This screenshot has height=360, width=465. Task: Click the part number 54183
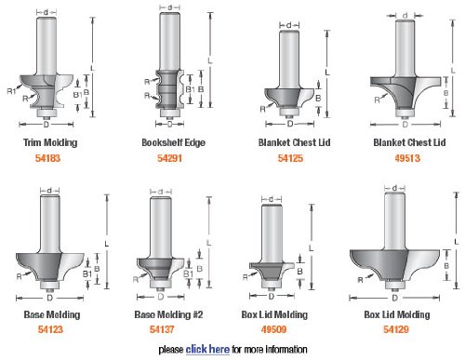[x=47, y=158]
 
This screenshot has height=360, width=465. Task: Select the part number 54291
[x=169, y=158]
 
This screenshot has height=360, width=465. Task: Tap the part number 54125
[x=290, y=158]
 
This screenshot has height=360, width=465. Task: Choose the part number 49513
[x=407, y=158]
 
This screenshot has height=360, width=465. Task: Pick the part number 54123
[x=50, y=329]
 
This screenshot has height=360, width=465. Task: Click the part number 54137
[x=162, y=329]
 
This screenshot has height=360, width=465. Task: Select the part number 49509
[x=273, y=329]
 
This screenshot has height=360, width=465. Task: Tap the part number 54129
[x=396, y=329]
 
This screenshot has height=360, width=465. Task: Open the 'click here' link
[x=207, y=350]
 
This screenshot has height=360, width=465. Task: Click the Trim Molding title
[x=50, y=142]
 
